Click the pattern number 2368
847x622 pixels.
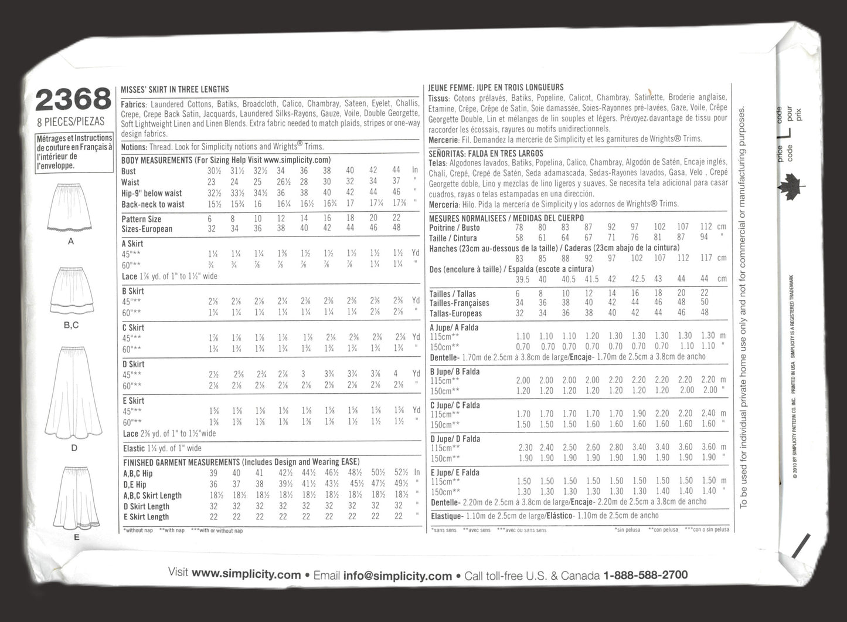click(73, 100)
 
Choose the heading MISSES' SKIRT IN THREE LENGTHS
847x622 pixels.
click(175, 89)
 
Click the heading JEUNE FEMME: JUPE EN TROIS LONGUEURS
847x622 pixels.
click(496, 87)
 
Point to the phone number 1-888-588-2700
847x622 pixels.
click(641, 575)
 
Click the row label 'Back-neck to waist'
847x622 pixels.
click(153, 204)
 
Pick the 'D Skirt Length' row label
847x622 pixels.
click(146, 506)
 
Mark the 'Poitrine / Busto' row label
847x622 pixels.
click(454, 228)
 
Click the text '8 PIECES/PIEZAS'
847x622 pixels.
click(70, 121)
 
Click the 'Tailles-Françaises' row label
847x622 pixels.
click(459, 303)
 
